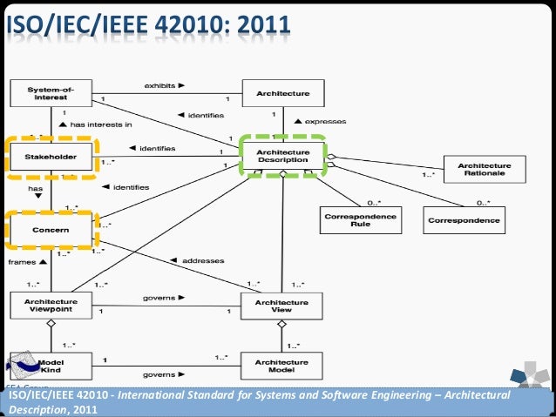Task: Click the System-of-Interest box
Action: (51, 93)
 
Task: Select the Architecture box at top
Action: (276, 93)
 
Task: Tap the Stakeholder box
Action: (51, 158)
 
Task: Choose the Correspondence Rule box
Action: (360, 220)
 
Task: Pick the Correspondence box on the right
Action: (464, 220)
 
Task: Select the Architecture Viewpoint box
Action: (51, 305)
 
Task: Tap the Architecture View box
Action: (276, 305)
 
